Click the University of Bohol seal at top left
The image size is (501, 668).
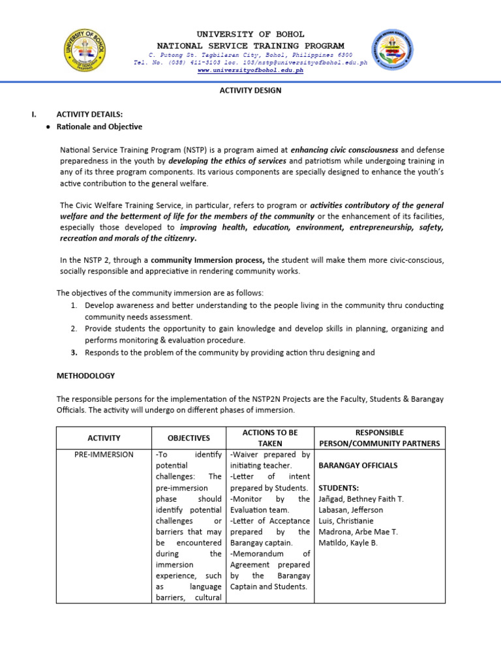tap(84, 50)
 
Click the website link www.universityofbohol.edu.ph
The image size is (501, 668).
tap(250, 70)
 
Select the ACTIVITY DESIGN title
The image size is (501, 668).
tap(250, 91)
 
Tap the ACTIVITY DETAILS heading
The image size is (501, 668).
tap(89, 114)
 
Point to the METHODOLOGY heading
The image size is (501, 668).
tap(85, 376)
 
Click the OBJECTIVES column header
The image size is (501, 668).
tap(189, 438)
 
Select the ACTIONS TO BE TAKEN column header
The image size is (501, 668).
tap(269, 438)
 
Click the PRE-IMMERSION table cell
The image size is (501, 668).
tap(104, 455)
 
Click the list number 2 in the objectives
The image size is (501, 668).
tap(74, 329)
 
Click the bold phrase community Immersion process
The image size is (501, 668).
tap(207, 260)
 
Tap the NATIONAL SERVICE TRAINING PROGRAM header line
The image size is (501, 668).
tap(250, 46)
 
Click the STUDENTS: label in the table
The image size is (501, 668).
tap(337, 488)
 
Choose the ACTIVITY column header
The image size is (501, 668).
tap(104, 438)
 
